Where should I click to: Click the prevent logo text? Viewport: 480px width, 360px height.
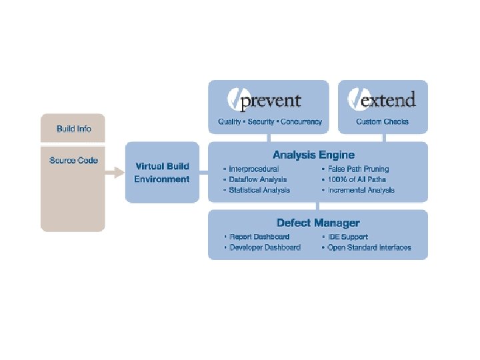270,101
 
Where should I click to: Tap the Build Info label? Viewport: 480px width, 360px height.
74,128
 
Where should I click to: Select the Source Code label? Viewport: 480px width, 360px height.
73,161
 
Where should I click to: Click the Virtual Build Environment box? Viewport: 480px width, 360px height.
162,173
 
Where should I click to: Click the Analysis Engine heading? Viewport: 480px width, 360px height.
313,155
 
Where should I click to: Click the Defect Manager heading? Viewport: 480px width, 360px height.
318,223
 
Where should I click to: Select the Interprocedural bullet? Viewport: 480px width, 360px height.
254,169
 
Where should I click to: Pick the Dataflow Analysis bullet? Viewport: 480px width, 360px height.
258,179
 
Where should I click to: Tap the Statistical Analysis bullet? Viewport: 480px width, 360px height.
259,190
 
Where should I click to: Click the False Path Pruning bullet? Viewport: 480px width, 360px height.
358,169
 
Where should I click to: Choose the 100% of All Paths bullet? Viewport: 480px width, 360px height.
357,179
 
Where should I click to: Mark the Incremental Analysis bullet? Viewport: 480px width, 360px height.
361,190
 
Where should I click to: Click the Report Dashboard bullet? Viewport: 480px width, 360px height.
259,237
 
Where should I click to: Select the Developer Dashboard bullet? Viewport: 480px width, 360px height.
265,247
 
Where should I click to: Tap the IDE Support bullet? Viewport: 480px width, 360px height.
347,237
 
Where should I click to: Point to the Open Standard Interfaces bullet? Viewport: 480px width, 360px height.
369,247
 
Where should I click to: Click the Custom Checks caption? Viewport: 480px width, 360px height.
383,122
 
